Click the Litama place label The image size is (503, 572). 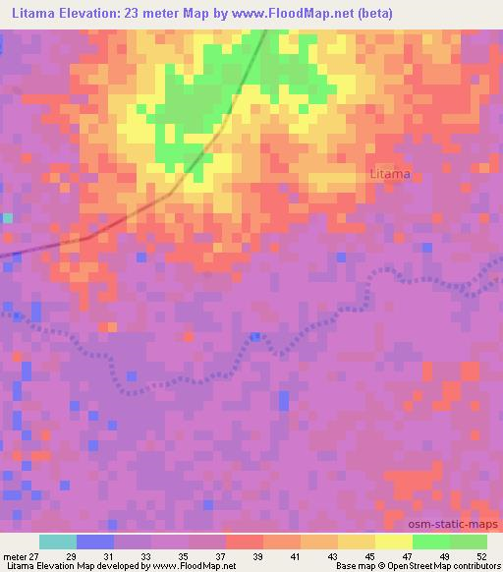coord(390,174)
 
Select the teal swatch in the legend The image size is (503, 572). coord(58,542)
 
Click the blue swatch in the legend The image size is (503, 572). coord(95,542)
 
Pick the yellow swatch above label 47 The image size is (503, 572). coord(394,542)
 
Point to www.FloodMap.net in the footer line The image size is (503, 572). coord(194,566)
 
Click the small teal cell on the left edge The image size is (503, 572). coord(8,218)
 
